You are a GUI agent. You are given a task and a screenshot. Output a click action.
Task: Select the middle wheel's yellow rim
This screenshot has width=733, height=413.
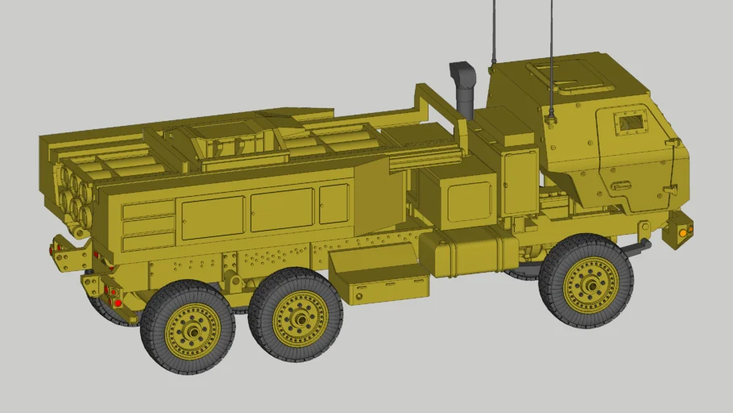300,319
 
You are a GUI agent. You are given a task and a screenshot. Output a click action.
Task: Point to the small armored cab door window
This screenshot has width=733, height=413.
631,123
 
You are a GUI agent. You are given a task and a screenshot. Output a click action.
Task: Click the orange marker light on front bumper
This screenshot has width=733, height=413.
684,232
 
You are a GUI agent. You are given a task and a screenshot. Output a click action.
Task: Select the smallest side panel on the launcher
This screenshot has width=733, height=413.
333,203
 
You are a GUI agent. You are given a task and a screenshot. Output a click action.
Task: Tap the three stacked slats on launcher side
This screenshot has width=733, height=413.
148,224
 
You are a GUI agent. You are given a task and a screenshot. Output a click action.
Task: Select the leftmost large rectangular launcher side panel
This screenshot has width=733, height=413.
213,217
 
